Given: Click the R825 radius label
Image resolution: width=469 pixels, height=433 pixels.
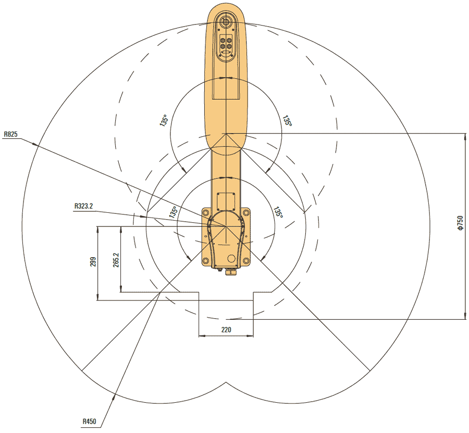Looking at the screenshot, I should [x=10, y=134].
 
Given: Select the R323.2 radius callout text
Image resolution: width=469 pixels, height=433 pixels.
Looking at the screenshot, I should [x=83, y=206].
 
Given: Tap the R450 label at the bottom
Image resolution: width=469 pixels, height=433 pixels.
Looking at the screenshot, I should [x=90, y=421].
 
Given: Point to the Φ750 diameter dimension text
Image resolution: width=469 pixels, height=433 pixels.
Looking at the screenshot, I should [x=460, y=223].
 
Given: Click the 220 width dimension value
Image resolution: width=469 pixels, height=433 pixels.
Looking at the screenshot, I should [x=226, y=330].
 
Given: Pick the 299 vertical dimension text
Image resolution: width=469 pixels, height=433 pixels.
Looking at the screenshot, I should [x=93, y=262].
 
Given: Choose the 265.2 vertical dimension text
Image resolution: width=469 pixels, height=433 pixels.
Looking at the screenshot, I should [x=115, y=259].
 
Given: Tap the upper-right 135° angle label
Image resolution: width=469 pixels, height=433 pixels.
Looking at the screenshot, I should [x=287, y=121].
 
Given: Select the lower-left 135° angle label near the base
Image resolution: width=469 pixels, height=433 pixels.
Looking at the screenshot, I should [x=173, y=212].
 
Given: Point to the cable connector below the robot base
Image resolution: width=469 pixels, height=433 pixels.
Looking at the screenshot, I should [x=230, y=271].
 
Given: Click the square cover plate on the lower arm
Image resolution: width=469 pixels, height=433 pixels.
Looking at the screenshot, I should [x=226, y=201].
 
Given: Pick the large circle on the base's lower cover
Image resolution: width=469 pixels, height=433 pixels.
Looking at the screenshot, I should [x=231, y=258].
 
